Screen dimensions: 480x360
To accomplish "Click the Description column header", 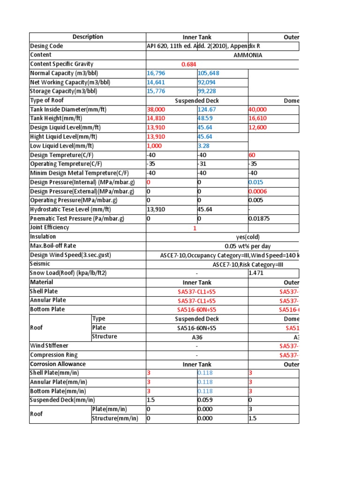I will tap(88, 37).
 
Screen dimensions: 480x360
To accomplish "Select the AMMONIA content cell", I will tap(248, 55).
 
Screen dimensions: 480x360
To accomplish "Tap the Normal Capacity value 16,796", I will tap(156, 73).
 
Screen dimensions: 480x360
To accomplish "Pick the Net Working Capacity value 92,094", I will tap(209, 82).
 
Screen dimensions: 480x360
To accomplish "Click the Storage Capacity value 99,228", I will tap(209, 91).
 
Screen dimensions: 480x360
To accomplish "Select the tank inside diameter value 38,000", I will tap(157, 109).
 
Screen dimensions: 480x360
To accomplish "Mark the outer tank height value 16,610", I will tap(258, 119).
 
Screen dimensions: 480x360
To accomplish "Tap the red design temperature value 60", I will tap(252, 155).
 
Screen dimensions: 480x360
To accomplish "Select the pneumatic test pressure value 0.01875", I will tap(260, 218).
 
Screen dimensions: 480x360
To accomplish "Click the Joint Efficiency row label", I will tap(50, 227).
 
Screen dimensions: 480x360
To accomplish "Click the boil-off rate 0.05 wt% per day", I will tap(247, 246).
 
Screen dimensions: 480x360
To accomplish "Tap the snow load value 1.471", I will tap(256, 273).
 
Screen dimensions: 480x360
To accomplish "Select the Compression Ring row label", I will tap(54, 355).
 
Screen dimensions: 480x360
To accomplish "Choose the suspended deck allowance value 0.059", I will tap(205, 400).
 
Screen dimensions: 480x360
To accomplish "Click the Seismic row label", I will tap(40, 264).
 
